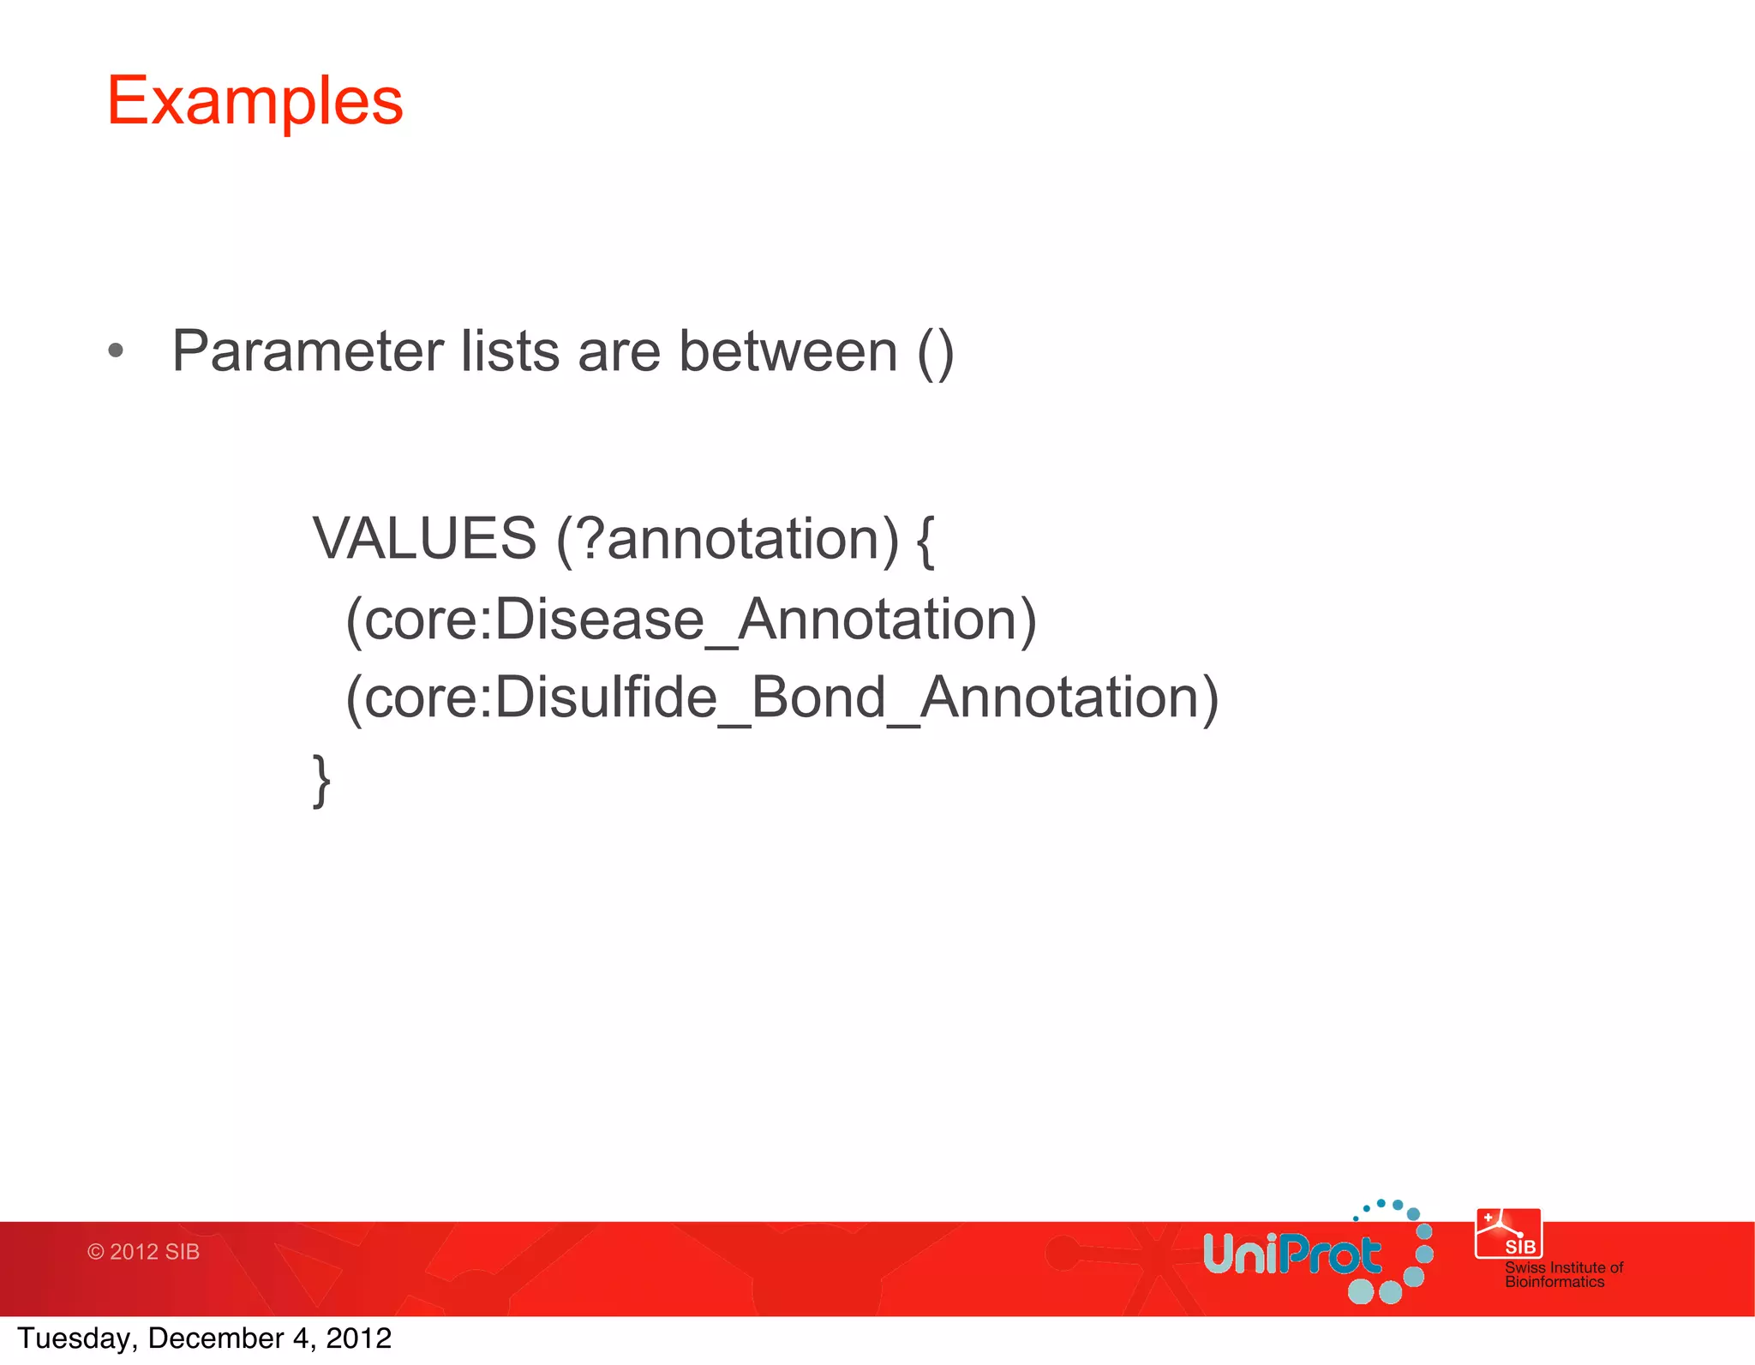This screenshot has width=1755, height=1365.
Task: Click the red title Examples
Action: click(255, 101)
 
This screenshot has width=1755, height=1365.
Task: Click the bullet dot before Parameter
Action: click(117, 350)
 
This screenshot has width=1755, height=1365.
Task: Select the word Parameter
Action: click(307, 351)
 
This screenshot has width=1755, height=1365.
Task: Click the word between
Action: click(788, 351)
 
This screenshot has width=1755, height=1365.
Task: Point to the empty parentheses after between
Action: click(935, 353)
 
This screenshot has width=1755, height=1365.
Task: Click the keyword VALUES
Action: click(424, 539)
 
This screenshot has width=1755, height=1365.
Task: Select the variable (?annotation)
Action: click(728, 540)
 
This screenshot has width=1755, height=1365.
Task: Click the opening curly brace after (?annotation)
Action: click(925, 540)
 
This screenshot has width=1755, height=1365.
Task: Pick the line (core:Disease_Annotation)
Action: click(691, 620)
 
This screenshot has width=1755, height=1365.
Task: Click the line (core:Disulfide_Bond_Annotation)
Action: click(782, 697)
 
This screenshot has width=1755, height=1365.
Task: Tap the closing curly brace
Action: click(321, 780)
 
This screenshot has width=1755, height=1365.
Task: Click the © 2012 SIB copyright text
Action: click(143, 1252)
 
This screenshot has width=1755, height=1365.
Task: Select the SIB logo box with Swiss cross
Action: click(1508, 1233)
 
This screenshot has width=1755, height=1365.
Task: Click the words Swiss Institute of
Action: click(1563, 1267)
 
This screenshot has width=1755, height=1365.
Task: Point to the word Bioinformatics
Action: click(1554, 1282)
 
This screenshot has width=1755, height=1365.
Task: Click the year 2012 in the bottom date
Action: click(358, 1338)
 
